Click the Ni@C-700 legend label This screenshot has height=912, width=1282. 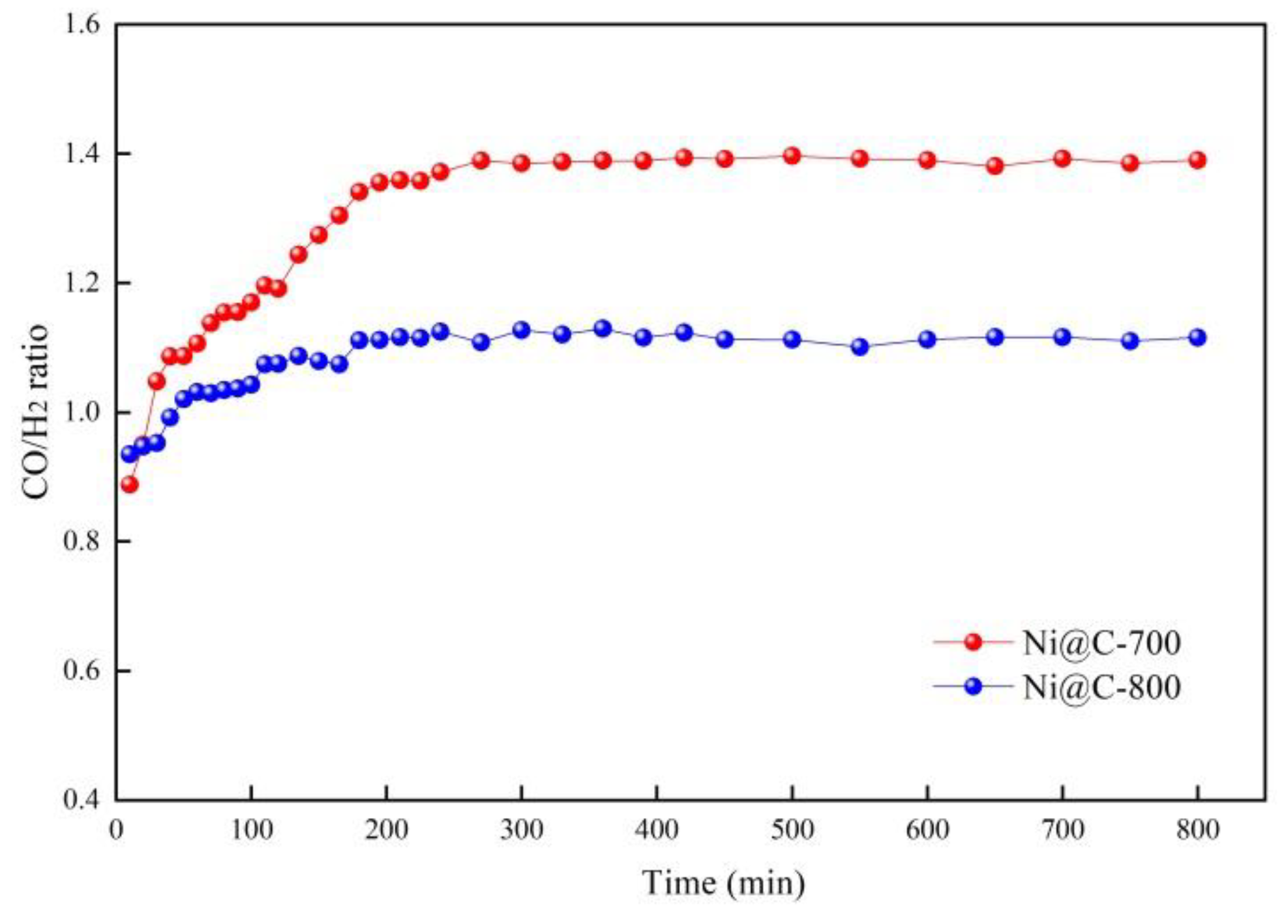1101,643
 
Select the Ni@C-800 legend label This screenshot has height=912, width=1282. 1101,687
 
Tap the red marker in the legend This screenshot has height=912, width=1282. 973,642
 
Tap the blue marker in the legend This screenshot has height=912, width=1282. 973,686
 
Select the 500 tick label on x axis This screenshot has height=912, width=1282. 792,830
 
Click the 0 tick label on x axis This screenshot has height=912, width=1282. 117,830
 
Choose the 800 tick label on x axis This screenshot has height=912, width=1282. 1197,830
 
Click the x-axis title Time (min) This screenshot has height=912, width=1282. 723,883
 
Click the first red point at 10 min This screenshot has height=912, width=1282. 130,485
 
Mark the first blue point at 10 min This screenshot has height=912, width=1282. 130,454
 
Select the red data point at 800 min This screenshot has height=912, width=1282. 1197,160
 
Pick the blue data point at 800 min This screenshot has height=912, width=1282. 1197,337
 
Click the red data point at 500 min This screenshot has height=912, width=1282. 792,156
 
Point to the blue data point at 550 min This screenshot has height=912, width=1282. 860,346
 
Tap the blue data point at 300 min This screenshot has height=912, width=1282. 522,330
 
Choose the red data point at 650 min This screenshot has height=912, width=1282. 994,166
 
